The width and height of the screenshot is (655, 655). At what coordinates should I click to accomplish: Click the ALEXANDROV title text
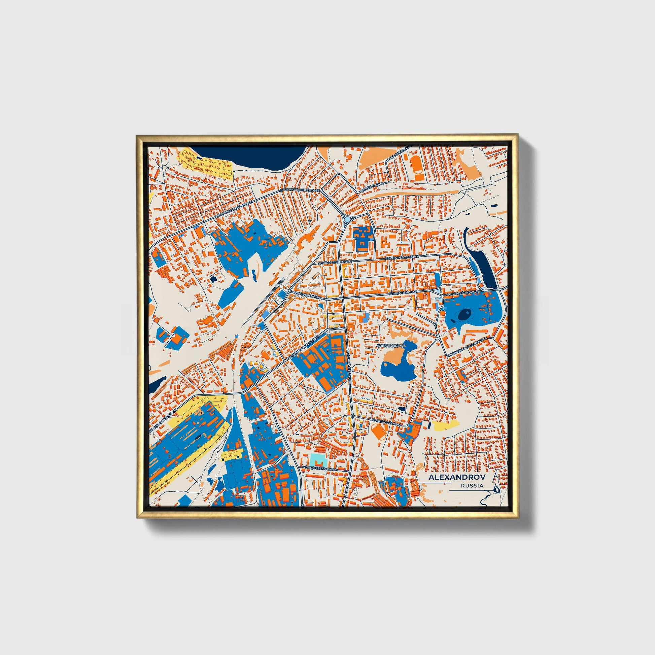pyautogui.click(x=457, y=477)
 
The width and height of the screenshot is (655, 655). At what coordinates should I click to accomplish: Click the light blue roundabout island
pyautogui.click(x=347, y=219)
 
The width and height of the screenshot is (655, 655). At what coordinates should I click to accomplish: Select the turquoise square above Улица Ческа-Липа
pyautogui.click(x=318, y=460)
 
